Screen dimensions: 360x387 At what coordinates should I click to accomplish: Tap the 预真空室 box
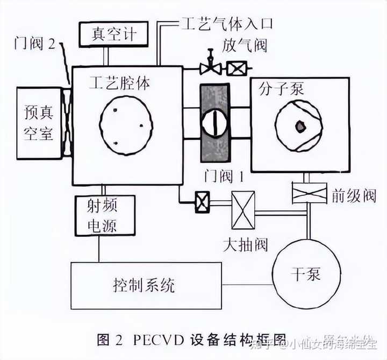[39, 123]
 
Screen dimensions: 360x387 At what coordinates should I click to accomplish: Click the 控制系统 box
[146, 285]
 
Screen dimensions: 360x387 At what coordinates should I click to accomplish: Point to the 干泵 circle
[307, 274]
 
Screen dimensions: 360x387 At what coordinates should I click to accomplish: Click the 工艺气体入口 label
[226, 24]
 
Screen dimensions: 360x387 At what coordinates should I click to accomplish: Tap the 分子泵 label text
[281, 88]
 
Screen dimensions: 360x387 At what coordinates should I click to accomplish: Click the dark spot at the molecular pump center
[299, 126]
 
